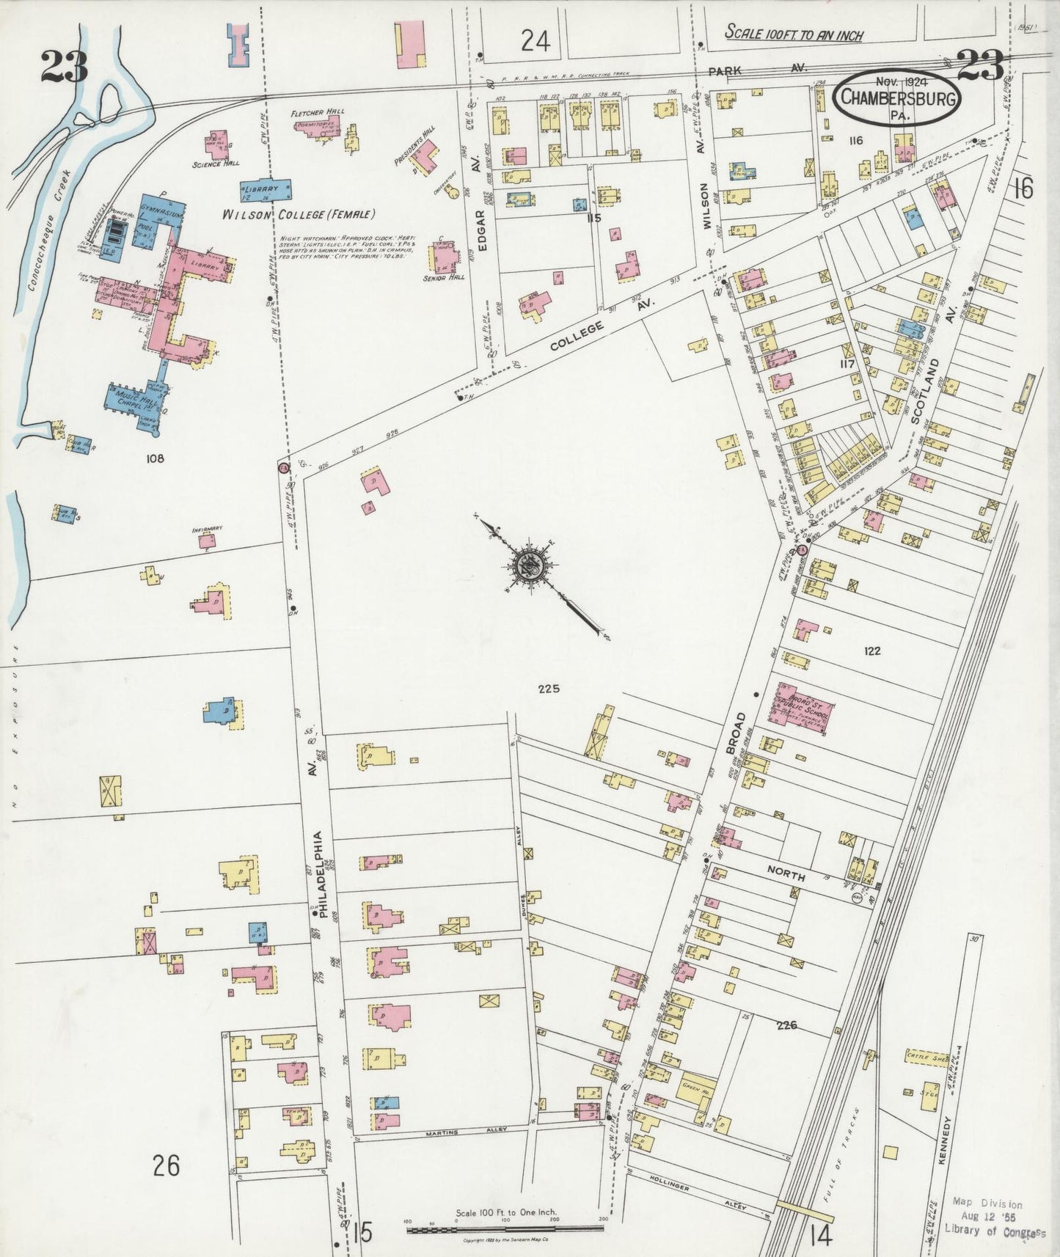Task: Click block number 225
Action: pyautogui.click(x=548, y=689)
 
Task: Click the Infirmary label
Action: pyautogui.click(x=207, y=529)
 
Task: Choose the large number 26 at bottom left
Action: pyautogui.click(x=167, y=1164)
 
